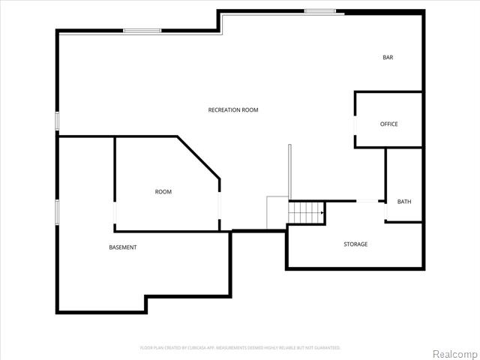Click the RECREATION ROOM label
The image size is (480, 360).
pos(233,110)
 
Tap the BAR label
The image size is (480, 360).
pos(388,58)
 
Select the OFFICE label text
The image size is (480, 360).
pos(388,124)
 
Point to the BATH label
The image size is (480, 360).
pos(404,202)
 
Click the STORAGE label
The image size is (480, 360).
pos(355,244)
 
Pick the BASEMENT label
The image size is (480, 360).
pos(123,247)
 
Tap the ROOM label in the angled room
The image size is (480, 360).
pos(163,192)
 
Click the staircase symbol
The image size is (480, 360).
pos(307,212)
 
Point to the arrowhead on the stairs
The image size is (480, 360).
pos(322,213)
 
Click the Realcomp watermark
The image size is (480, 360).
pos(452,353)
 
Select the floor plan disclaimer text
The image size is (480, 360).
pos(240,348)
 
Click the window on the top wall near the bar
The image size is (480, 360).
pos(319,10)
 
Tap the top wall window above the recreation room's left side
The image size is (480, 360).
pos(142,30)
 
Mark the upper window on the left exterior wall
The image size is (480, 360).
pos(57,121)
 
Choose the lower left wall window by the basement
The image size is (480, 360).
pos(57,211)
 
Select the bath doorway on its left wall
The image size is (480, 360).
pos(385,211)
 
